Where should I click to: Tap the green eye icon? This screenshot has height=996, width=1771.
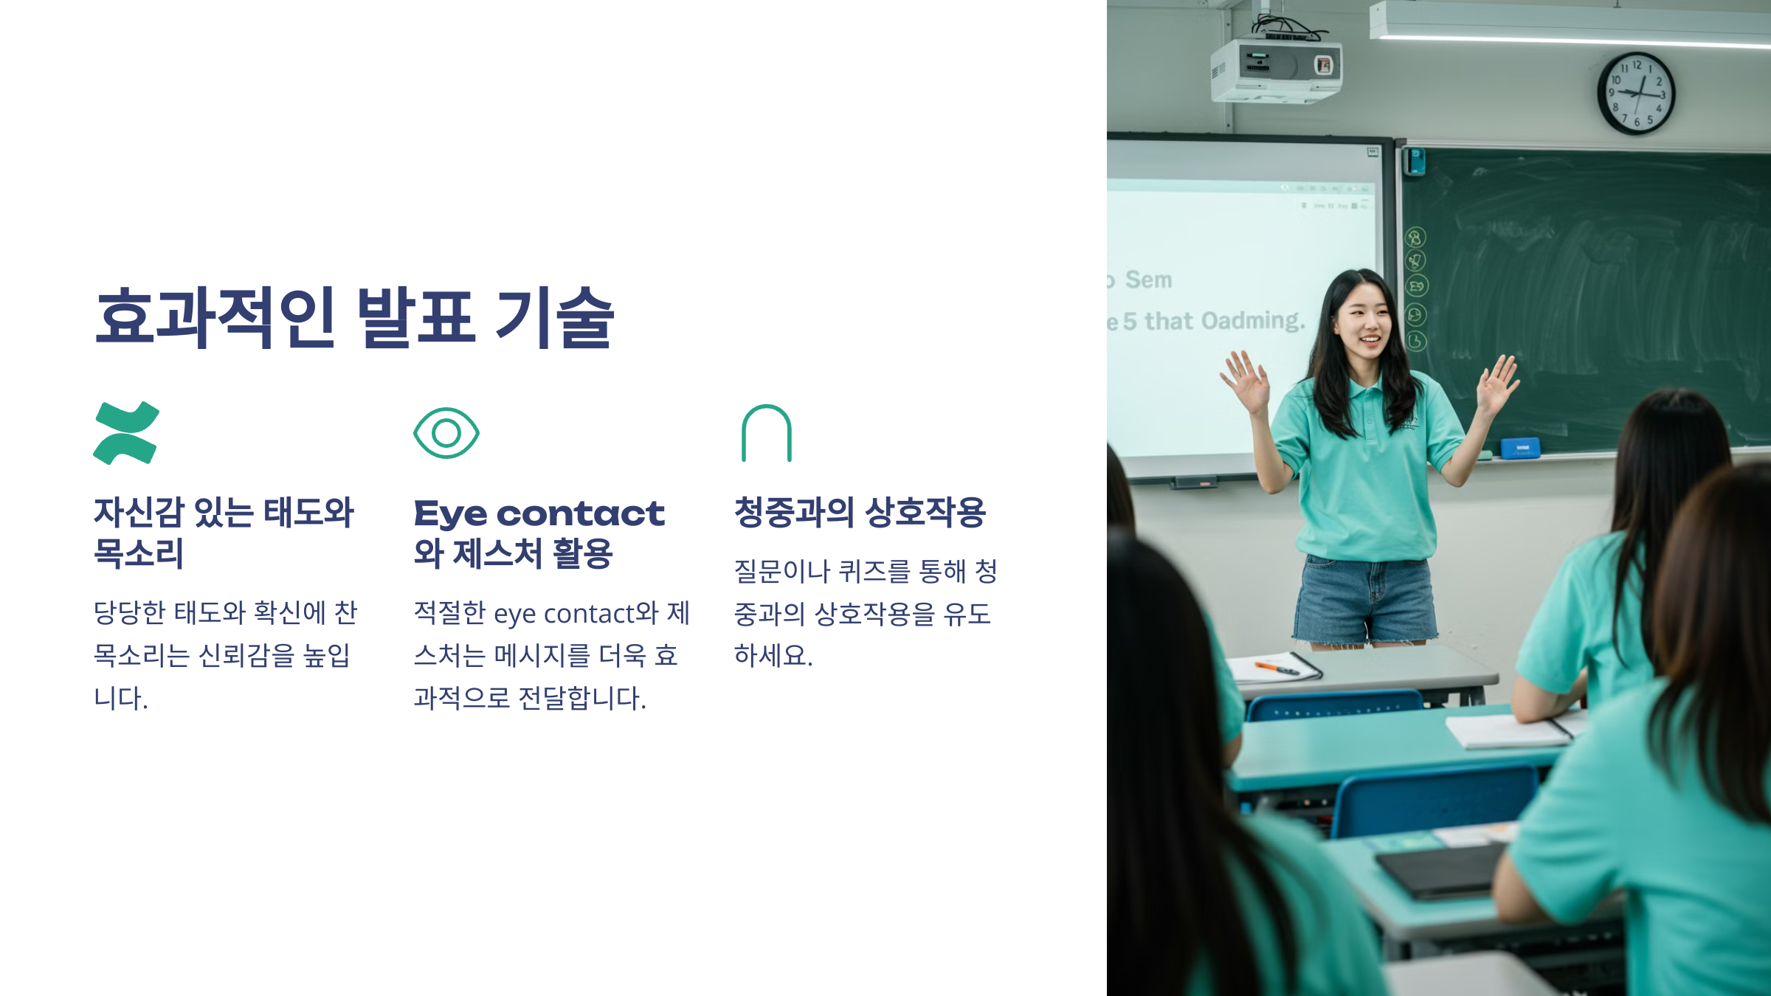point(446,433)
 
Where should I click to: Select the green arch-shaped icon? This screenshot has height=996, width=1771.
point(767,433)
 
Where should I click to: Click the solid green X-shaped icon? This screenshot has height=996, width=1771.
point(126,433)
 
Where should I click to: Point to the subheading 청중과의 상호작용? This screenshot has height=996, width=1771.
point(860,512)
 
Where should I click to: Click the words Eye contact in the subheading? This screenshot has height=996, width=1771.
point(539,513)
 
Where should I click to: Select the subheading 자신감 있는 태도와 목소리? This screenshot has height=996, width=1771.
point(224,532)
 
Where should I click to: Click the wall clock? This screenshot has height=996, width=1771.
point(1637,94)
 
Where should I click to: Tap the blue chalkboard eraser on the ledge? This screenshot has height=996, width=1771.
point(1520,447)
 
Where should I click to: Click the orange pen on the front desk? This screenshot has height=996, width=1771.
point(1277,668)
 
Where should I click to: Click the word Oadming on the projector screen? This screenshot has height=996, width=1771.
point(1253,321)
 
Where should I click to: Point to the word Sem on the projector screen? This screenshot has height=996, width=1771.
point(1148,280)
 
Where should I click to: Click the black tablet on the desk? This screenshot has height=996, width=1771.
point(1439,871)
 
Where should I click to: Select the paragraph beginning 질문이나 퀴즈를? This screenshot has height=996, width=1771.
point(865,612)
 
